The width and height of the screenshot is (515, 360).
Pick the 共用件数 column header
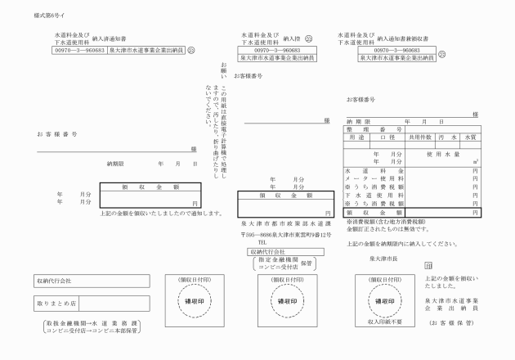pos(422,138)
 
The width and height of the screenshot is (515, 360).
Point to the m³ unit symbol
pos(475,162)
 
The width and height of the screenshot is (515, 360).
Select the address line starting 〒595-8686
pos(284,235)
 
